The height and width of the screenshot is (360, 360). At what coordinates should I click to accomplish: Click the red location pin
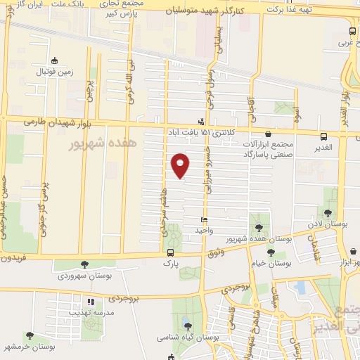coord(181,165)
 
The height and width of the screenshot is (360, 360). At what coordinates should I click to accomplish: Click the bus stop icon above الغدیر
coord(323,136)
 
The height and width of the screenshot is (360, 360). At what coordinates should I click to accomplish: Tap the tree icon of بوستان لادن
coord(328,213)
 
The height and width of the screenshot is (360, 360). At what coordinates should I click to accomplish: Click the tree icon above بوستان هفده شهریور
coord(259,227)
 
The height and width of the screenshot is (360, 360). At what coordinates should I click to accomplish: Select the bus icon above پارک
coord(169,253)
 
